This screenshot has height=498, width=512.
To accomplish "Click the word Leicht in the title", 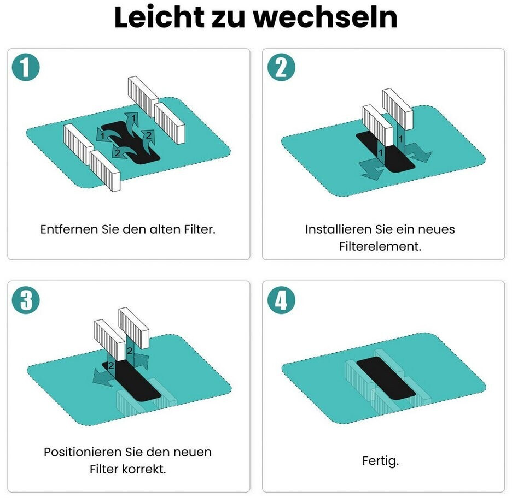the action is (x=159, y=17).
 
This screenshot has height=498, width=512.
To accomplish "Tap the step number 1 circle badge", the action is (x=26, y=67).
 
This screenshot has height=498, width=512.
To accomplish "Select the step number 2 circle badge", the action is (x=281, y=67).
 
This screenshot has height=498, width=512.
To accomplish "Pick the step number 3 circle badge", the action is (x=26, y=300).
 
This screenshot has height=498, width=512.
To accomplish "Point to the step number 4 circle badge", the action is (x=281, y=300).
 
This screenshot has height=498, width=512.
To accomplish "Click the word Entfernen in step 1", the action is (x=69, y=229).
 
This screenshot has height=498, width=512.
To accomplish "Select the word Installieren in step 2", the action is (x=338, y=229).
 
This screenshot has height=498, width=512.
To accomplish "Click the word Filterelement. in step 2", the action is (x=380, y=246).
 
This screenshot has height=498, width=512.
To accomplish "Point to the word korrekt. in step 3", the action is (x=144, y=469).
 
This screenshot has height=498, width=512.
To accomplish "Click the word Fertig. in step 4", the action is (x=380, y=461).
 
